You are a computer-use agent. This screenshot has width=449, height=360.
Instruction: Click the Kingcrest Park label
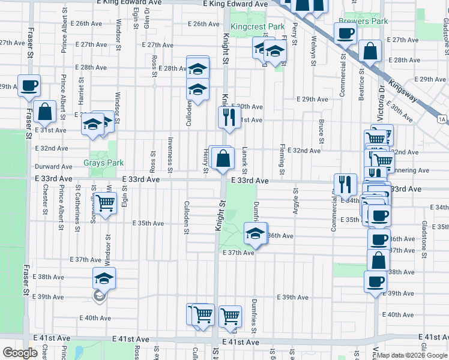click(257, 27)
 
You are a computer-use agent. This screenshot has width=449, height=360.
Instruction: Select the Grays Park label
click(103, 163)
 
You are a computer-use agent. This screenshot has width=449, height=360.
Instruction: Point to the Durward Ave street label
click(54, 167)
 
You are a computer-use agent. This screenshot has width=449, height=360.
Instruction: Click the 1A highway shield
click(442, 119)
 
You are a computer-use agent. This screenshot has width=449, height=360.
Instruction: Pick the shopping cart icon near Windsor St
click(105, 203)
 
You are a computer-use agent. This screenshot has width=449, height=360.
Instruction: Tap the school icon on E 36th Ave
click(255, 233)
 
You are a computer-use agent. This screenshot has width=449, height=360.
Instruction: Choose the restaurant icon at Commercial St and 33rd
click(345, 184)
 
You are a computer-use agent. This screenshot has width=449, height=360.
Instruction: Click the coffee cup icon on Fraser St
click(29, 86)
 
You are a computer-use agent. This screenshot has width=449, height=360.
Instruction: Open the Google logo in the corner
click(20, 353)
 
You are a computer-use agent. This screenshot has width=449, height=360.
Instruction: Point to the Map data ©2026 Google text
click(412, 355)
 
